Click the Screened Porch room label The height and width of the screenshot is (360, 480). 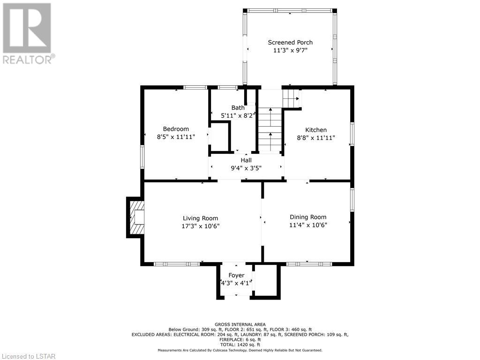point(290,43)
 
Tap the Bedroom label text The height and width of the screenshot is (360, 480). point(176,129)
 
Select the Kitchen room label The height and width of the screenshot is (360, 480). point(316,130)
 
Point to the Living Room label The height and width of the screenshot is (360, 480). point(201,218)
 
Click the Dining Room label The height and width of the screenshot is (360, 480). point(308,217)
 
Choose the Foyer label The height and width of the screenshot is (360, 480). point(236,276)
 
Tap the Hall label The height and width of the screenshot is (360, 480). point(246,160)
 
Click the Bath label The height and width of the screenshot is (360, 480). point(238,107)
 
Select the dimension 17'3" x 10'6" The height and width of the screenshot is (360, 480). point(201,226)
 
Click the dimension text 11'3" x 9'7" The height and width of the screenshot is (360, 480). point(290,50)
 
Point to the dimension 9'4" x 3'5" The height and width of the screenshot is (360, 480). point(246,168)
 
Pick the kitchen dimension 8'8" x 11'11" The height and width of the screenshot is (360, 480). point(316,138)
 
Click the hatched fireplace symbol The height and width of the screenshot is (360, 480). point(137,217)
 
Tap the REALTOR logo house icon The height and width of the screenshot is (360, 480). point(27,28)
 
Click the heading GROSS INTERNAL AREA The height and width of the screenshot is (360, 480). point(240,324)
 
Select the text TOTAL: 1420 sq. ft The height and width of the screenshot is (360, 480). point(240,345)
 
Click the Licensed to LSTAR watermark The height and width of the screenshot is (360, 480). point(28,356)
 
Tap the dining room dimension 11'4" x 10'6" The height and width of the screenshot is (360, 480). point(308,225)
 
